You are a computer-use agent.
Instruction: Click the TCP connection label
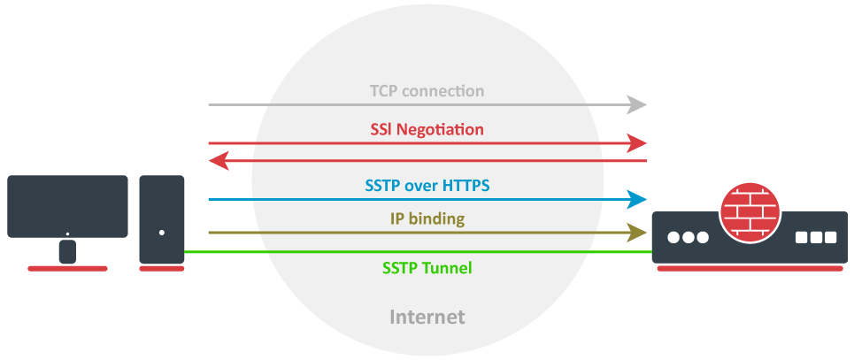[427, 91]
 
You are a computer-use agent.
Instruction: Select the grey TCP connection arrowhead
[638, 105]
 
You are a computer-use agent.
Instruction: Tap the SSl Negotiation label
[427, 129]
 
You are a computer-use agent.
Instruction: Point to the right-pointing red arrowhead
[638, 142]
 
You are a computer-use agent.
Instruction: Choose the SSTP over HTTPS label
[427, 186]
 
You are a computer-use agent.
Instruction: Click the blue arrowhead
[638, 199]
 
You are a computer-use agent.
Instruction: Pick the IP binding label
[427, 218]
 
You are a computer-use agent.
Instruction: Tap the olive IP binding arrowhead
[638, 233]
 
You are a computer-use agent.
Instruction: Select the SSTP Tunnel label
[427, 267]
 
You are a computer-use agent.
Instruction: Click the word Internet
[427, 316]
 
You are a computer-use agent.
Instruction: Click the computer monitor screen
[67, 205]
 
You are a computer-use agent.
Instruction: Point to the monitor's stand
[67, 251]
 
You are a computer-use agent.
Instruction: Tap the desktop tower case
[162, 218]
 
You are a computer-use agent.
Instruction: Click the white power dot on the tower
[162, 234]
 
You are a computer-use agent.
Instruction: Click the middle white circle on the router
[688, 238]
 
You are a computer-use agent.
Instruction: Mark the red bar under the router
[748, 268]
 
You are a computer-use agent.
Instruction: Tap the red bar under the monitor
[67, 268]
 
